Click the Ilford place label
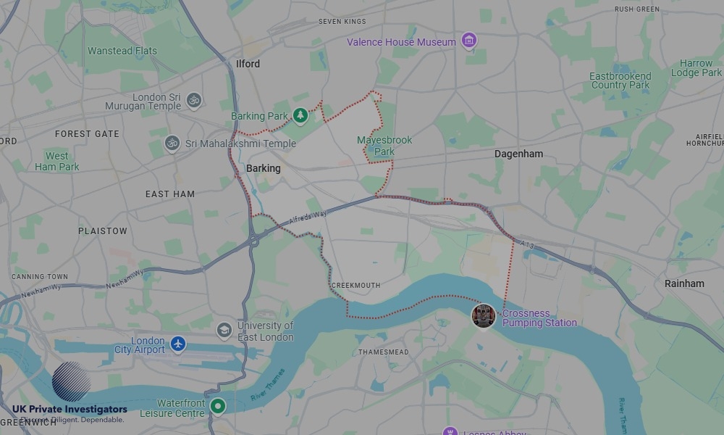click(248, 64)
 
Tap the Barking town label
click(263, 168)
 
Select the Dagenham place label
click(518, 154)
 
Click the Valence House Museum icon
click(469, 41)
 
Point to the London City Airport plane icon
click(178, 344)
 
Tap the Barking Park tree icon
click(300, 115)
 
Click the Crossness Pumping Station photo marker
click(483, 315)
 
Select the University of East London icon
click(224, 330)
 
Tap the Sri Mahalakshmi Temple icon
click(172, 143)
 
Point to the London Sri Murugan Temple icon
click(193, 101)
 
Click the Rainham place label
click(684, 283)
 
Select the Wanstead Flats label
click(122, 51)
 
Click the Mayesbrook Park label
click(384, 146)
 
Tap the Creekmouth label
click(355, 286)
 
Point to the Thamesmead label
click(384, 352)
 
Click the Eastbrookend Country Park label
click(620, 80)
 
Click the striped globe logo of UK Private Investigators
click(72, 381)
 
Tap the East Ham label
click(170, 194)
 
